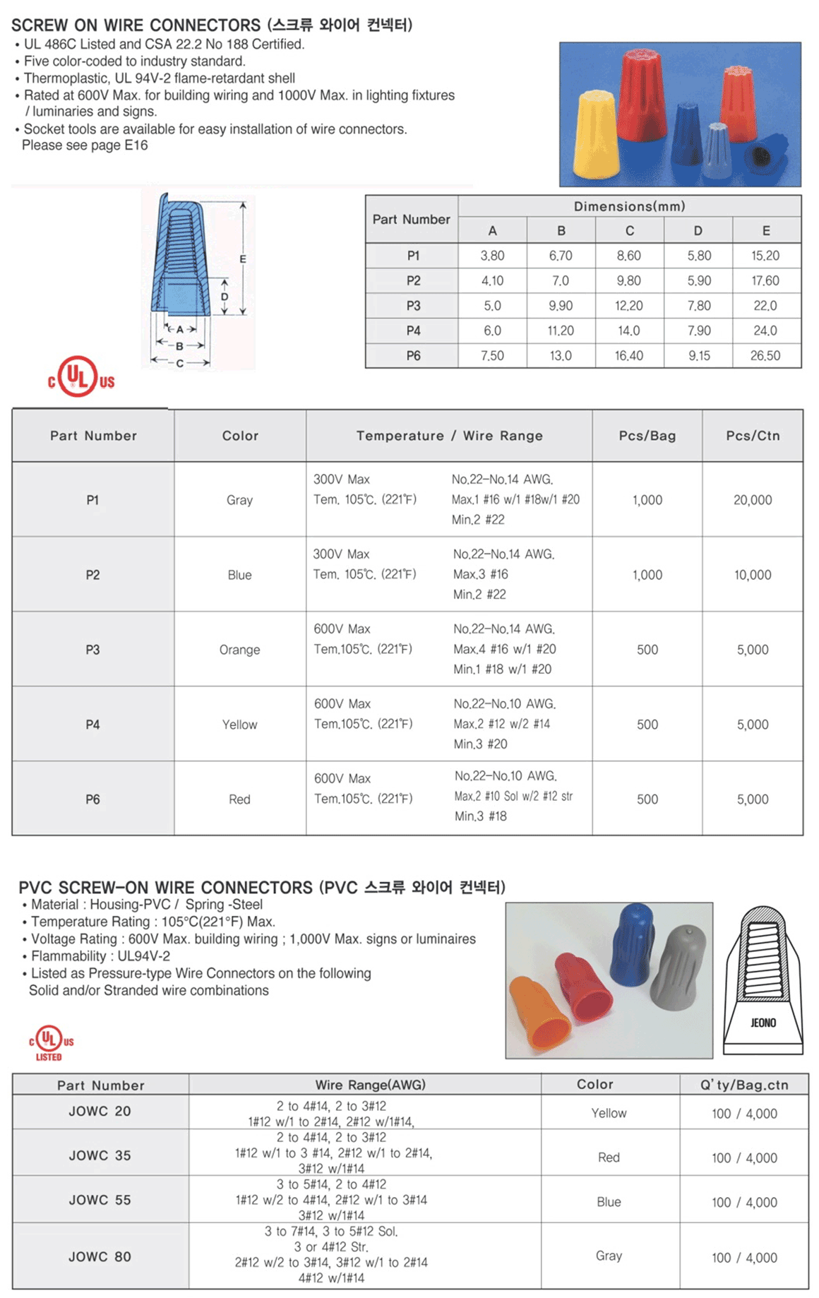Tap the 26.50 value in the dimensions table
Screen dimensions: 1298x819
pyautogui.click(x=765, y=356)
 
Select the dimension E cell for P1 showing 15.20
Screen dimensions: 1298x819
pyautogui.click(x=765, y=256)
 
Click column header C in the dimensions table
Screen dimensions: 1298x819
pyautogui.click(x=629, y=230)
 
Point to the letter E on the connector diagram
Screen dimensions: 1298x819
pyautogui.click(x=243, y=259)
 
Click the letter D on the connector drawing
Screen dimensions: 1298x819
pyautogui.click(x=225, y=297)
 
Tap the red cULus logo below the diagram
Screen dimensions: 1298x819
pyautogui.click(x=80, y=377)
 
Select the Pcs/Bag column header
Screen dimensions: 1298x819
pyautogui.click(x=647, y=436)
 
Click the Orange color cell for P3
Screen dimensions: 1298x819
pyautogui.click(x=239, y=650)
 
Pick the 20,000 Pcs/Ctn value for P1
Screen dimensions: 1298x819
pyautogui.click(x=753, y=500)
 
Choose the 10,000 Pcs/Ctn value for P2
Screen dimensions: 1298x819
pyautogui.click(x=753, y=575)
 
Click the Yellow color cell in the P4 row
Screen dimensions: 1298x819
pyautogui.click(x=239, y=725)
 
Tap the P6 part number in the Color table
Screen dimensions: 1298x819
pyautogui.click(x=92, y=799)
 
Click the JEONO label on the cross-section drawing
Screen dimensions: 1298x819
pyautogui.click(x=763, y=1023)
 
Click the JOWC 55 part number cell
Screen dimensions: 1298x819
pyautogui.click(x=100, y=1200)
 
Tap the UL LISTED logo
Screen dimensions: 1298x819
pyautogui.click(x=50, y=1042)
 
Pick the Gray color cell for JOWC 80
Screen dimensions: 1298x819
pyautogui.click(x=609, y=1256)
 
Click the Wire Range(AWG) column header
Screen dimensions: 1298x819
pyautogui.click(x=370, y=1085)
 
